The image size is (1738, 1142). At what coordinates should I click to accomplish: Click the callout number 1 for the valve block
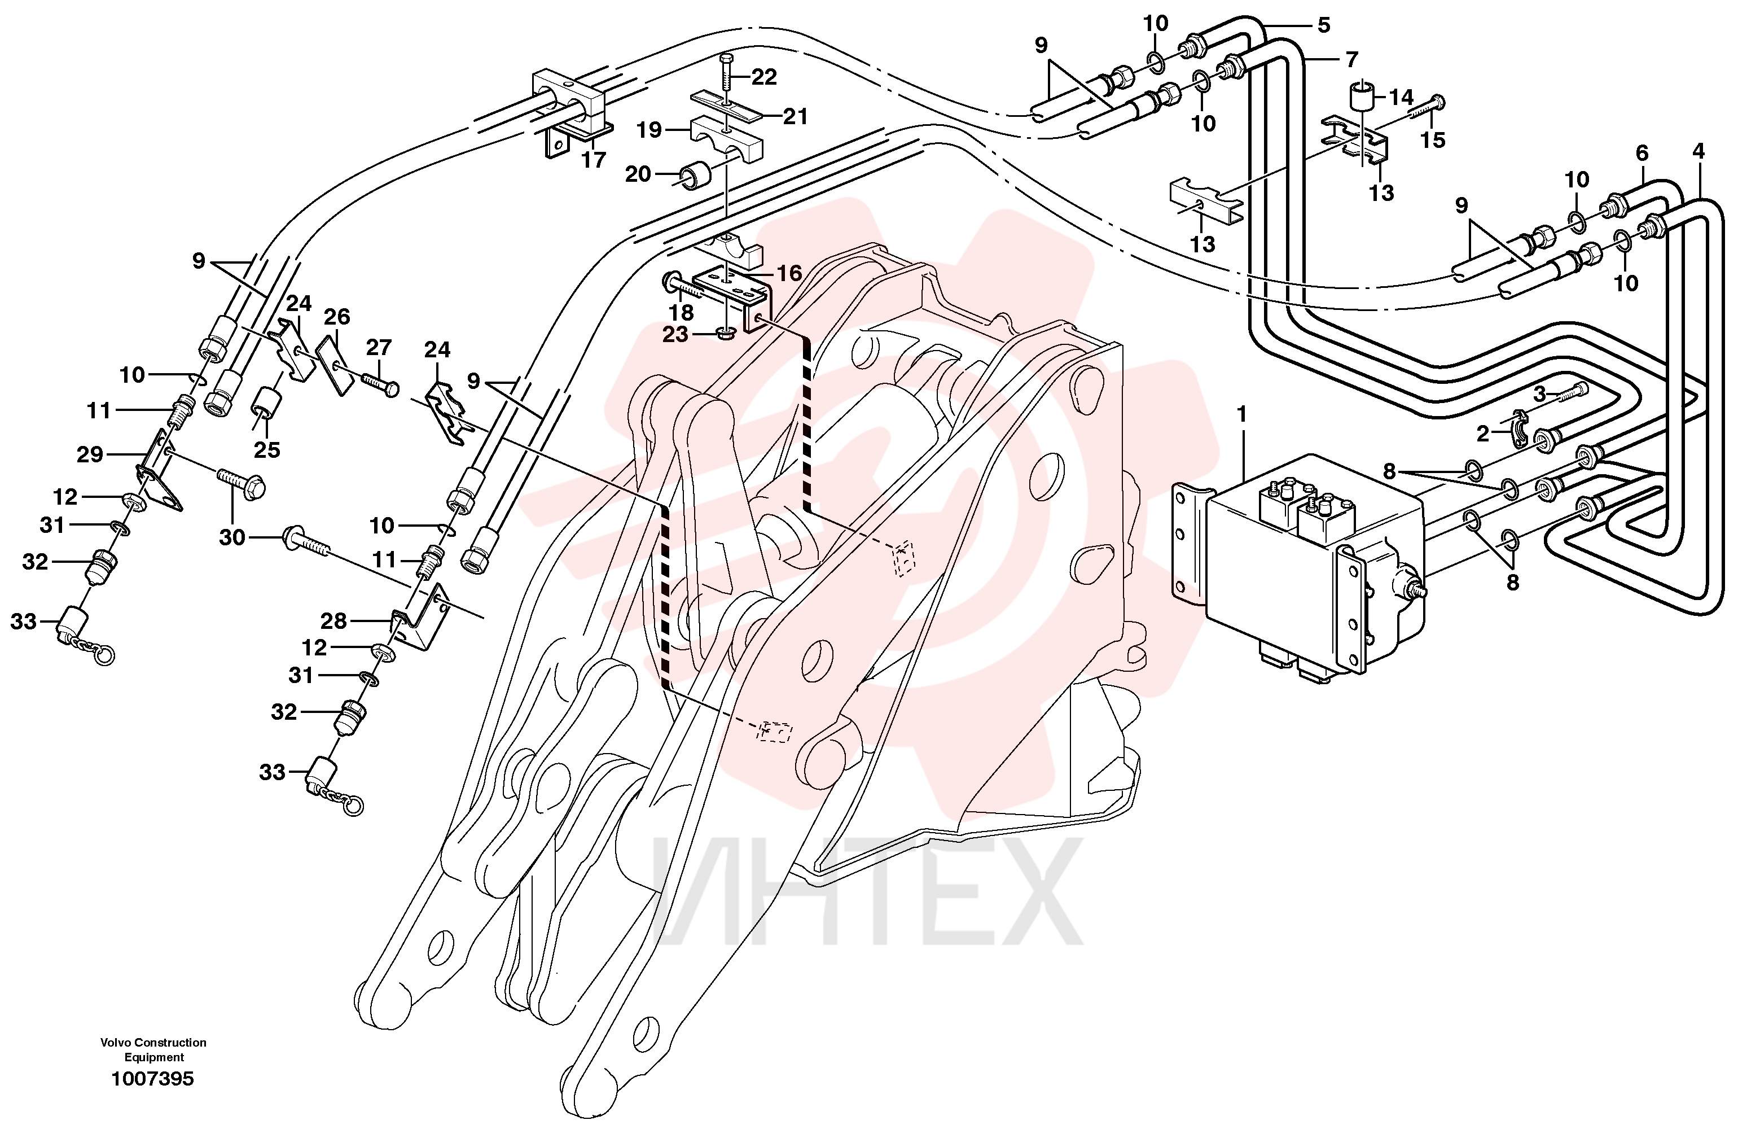coord(1241,414)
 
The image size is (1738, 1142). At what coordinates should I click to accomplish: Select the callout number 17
coord(594,160)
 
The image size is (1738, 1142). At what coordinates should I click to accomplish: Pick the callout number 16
coord(789,273)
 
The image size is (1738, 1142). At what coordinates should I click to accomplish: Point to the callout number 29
coord(90,454)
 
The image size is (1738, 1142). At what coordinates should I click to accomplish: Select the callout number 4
coord(1698,151)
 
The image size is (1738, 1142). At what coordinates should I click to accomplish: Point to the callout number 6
coord(1642,153)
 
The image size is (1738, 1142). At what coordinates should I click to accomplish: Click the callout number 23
coord(675,335)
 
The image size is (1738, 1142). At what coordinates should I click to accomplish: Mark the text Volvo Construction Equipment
coord(153,1050)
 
